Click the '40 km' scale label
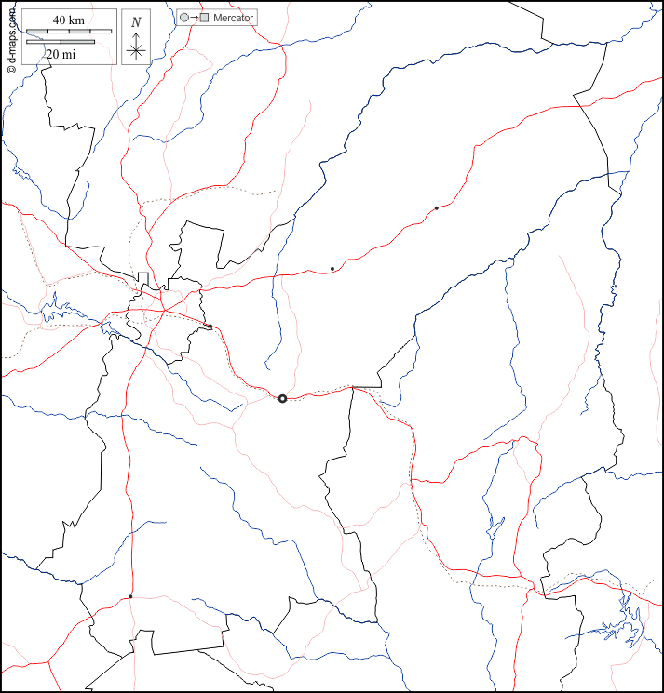point(68,20)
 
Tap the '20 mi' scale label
point(61,54)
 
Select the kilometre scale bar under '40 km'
point(68,32)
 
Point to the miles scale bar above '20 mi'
point(61,42)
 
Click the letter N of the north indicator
point(136,22)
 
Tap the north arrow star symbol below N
point(136,49)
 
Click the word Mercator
point(233,18)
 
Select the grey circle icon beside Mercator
point(184,18)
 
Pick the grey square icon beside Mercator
point(205,18)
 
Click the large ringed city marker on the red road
point(282,398)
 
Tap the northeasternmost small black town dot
point(436,207)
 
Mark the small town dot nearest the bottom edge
point(130,596)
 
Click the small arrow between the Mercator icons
point(195,18)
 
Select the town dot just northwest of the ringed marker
point(210,326)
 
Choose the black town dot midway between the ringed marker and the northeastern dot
point(332,269)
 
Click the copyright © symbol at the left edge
point(11,71)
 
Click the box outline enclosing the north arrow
point(123,37)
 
